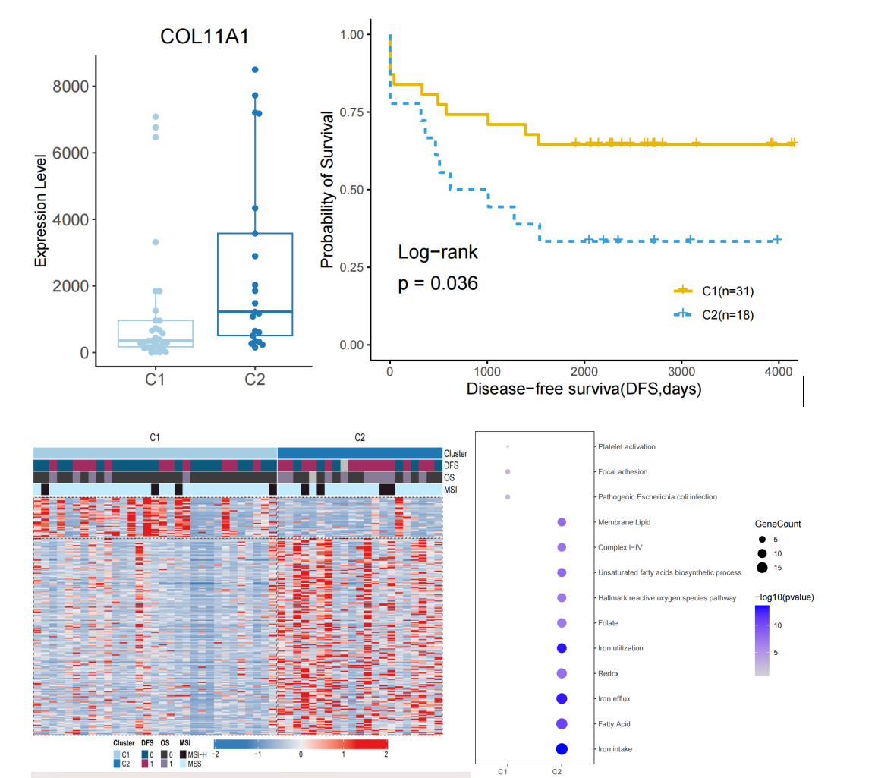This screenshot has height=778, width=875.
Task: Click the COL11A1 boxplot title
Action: tap(205, 39)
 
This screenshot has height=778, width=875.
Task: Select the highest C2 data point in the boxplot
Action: tap(255, 70)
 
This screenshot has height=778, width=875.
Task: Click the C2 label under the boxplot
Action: tap(255, 380)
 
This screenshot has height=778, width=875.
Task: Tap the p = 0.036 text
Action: tap(438, 285)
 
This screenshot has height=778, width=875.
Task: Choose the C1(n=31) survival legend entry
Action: tap(713, 290)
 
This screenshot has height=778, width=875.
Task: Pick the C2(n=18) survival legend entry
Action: tap(713, 313)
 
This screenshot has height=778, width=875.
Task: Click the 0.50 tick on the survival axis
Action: tap(355, 190)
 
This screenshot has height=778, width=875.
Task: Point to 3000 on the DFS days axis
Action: tap(681, 373)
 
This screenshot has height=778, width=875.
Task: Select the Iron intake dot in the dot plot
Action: tap(562, 749)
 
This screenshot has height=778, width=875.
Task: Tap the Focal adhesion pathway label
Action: tap(622, 472)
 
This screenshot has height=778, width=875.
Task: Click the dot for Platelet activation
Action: tap(507, 446)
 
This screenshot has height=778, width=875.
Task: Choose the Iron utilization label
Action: tap(620, 648)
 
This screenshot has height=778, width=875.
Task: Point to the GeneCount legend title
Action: tap(777, 524)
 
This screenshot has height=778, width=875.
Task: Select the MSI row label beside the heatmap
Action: tap(451, 490)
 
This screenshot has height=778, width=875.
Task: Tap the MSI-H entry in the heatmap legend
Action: tap(197, 754)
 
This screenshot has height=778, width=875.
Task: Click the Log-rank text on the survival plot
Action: tap(438, 253)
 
